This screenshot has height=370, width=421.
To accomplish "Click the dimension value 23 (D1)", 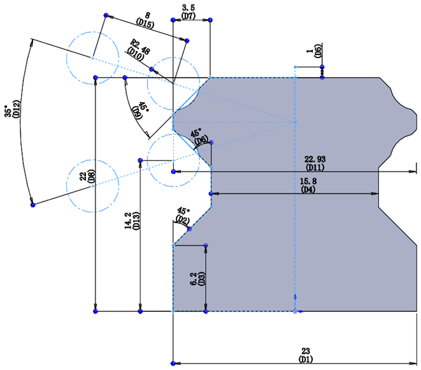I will (x=306, y=355).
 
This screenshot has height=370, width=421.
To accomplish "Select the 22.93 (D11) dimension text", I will (x=315, y=163).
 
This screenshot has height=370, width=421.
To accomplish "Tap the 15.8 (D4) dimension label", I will (x=308, y=186).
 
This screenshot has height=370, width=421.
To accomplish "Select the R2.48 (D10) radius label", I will (x=138, y=49).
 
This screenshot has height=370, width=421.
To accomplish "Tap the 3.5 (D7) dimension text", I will (x=189, y=11).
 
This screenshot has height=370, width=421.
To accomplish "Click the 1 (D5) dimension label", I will (x=314, y=51).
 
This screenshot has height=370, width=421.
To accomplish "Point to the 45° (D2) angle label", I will (x=183, y=216).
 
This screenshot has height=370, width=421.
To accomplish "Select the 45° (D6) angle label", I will (x=201, y=136).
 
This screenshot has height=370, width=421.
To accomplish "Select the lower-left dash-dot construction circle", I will (x=92, y=186).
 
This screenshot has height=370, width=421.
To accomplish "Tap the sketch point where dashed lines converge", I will (x=295, y=121).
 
